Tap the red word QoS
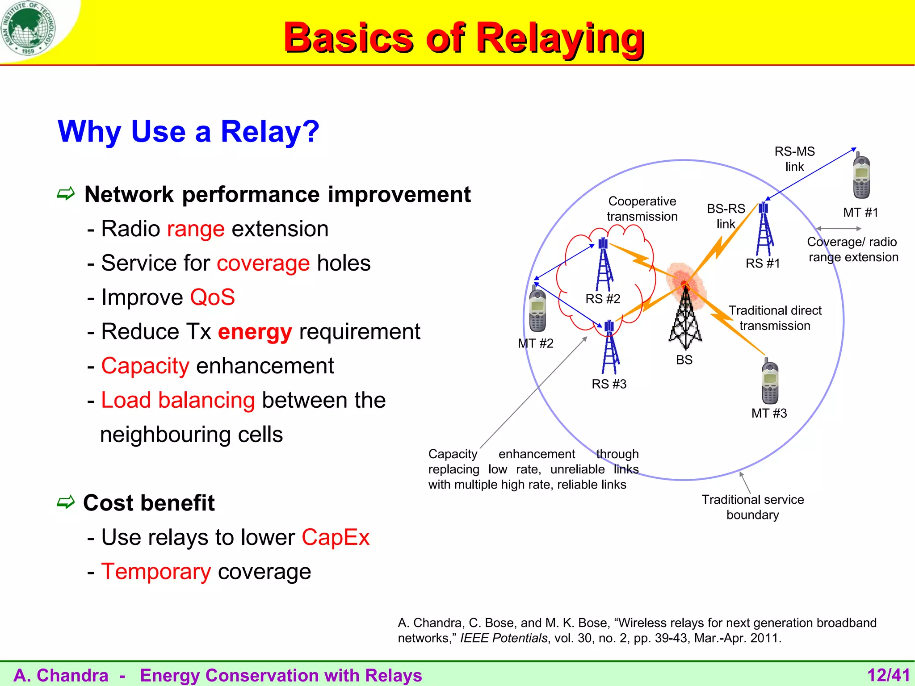coord(212,297)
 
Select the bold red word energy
coord(255,332)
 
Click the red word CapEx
coord(336,537)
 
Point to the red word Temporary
coord(156,572)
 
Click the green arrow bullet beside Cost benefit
coord(66,503)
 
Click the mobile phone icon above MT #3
coord(770,382)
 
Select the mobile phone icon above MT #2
coord(537,310)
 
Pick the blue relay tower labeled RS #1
coord(764,230)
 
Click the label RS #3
coord(609,384)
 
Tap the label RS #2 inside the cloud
coord(603,299)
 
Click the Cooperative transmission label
coord(642,209)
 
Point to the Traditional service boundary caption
coord(752,507)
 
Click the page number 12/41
coord(888,675)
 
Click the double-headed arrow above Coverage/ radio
coord(839,229)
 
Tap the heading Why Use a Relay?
coord(189,132)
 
